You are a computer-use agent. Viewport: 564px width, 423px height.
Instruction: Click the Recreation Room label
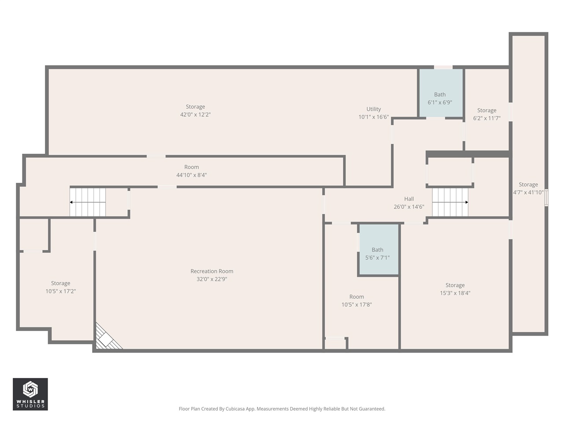click(x=211, y=271)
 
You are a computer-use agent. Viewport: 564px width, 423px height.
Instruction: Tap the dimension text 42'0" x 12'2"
click(x=195, y=115)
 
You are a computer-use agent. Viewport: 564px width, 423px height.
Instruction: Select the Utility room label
click(x=374, y=109)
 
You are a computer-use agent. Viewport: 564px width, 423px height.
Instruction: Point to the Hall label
click(x=409, y=199)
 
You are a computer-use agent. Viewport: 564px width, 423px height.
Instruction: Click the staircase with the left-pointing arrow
click(x=88, y=202)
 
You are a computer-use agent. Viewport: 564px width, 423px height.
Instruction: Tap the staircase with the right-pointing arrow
click(x=450, y=202)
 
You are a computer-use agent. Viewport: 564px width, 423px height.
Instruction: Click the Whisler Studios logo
click(x=30, y=394)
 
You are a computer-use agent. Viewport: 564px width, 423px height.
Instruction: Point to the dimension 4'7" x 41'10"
click(x=528, y=193)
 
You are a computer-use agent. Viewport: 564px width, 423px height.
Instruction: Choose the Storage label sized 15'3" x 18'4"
click(x=455, y=286)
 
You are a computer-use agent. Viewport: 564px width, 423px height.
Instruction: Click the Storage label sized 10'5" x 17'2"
click(x=60, y=284)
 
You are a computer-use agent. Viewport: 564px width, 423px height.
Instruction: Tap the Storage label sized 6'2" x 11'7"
click(x=486, y=111)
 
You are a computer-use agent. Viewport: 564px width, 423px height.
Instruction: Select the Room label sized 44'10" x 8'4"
click(x=191, y=167)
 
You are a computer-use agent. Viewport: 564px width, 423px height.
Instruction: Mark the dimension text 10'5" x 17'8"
click(x=356, y=305)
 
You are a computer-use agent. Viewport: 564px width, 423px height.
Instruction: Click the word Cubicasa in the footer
click(x=236, y=409)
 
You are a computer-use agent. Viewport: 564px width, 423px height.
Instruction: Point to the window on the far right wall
click(x=546, y=198)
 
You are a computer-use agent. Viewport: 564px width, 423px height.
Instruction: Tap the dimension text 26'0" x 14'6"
click(x=409, y=207)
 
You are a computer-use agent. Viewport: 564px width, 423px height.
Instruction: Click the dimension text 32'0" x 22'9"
click(x=211, y=279)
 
